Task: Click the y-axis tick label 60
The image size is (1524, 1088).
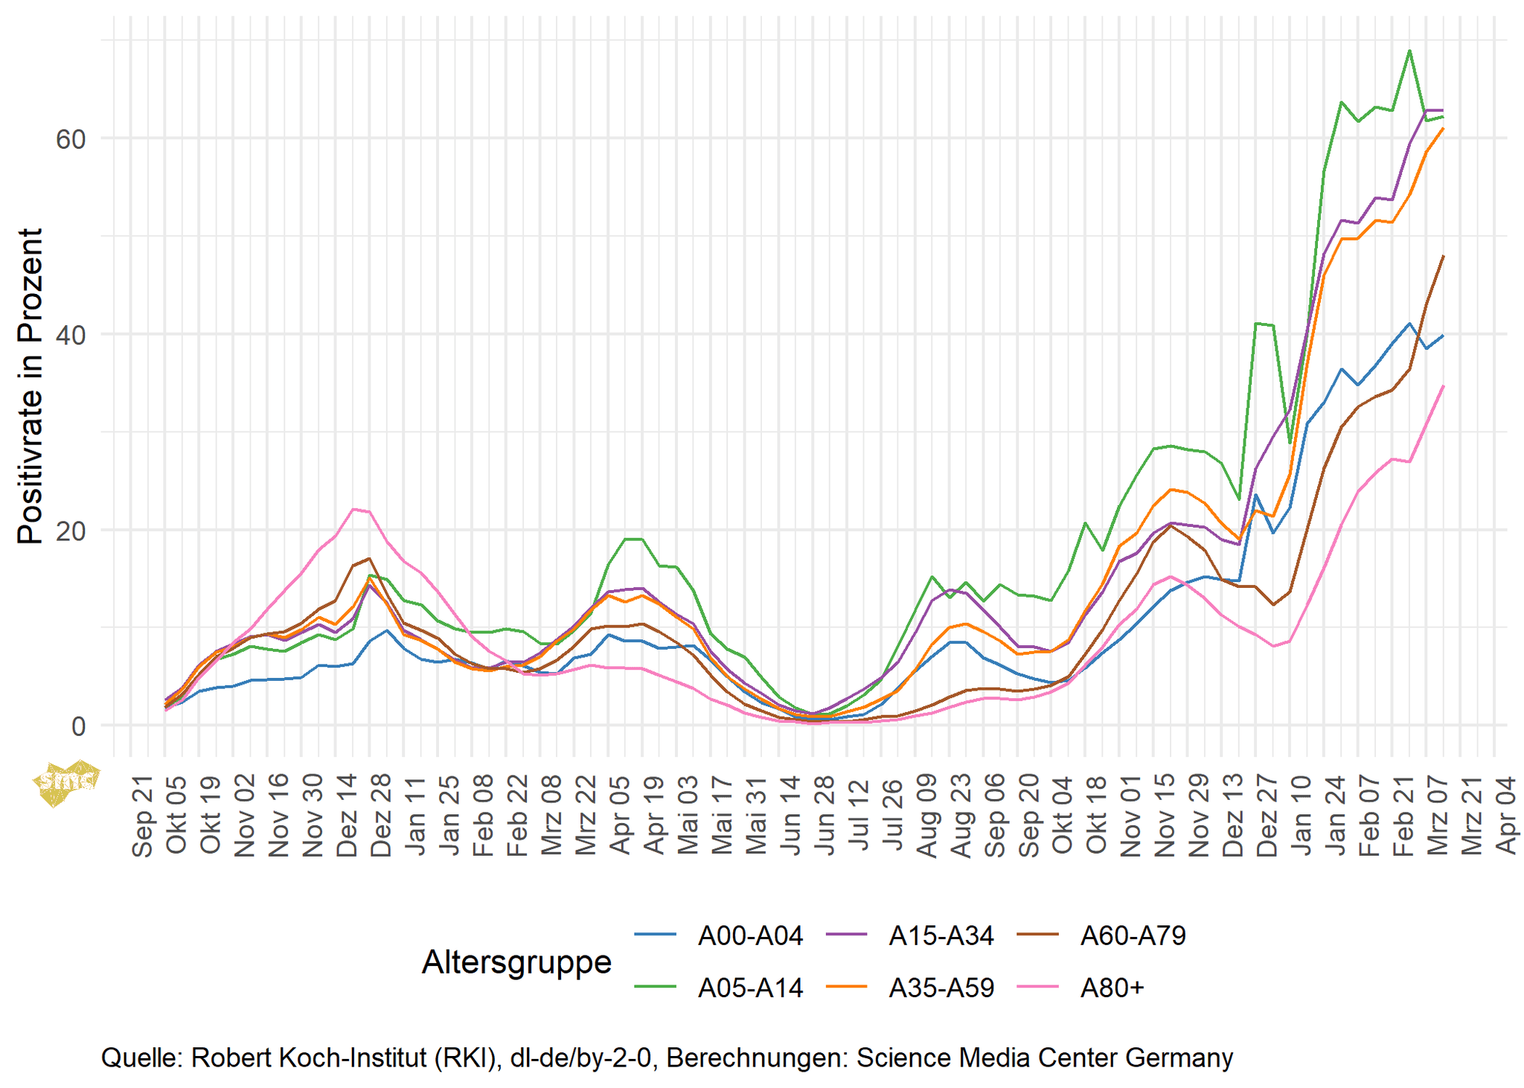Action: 71,139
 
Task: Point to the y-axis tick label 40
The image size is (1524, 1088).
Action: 71,335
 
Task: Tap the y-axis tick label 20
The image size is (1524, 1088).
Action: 71,531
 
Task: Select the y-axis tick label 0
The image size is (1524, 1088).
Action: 78,726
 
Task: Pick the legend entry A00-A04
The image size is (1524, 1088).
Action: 750,935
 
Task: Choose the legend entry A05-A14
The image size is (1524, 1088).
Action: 750,988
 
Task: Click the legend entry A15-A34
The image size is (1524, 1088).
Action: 941,935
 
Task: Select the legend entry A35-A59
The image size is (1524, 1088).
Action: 941,988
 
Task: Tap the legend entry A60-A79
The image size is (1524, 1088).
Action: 1133,935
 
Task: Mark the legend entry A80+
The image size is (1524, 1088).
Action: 1112,988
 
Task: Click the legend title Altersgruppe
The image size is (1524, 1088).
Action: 516,961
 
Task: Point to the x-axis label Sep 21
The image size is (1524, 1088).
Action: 142,816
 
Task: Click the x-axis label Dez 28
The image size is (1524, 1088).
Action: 381,816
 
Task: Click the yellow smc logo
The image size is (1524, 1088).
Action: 66,781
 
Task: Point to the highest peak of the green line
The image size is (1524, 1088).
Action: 1409,51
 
